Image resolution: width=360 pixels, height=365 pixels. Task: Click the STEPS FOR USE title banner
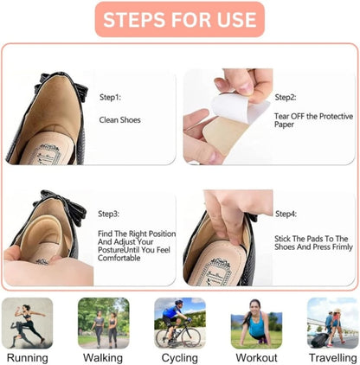[x=179, y=19]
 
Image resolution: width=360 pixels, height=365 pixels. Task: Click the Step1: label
[x=111, y=98]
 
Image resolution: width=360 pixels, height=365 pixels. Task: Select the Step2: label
[x=286, y=98]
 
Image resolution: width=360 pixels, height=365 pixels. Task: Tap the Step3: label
[x=110, y=213]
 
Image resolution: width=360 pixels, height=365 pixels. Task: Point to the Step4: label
[x=286, y=213]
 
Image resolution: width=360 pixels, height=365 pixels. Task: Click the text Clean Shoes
[x=119, y=120]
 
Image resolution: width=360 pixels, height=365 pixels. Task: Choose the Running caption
[x=27, y=357]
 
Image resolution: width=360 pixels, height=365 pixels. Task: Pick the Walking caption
[x=103, y=357]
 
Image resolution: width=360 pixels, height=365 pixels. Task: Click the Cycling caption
[x=179, y=357]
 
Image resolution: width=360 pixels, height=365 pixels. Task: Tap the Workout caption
[x=256, y=357]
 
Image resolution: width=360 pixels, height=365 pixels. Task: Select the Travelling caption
[x=332, y=357]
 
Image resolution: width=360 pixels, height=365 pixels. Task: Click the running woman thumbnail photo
[x=27, y=323]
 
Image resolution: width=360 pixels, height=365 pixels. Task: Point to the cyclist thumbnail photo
[x=179, y=323]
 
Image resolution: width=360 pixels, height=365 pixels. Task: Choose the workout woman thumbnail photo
[x=256, y=323]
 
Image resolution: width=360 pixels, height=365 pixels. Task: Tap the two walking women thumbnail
[x=103, y=323]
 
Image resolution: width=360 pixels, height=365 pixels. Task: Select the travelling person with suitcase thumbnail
[x=332, y=323]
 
